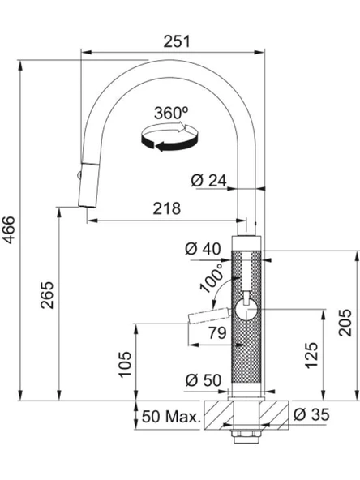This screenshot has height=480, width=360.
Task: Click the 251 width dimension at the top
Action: [177, 41]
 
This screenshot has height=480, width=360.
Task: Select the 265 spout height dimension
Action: [47, 295]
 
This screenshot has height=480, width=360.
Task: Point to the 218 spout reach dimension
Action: [167, 208]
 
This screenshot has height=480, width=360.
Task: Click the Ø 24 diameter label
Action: [208, 180]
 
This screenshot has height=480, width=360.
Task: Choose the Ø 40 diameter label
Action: [203, 249]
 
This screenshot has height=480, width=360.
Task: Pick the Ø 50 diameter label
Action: [204, 380]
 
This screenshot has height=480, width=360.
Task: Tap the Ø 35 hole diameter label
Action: [311, 414]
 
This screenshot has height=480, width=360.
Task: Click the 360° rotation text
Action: [171, 113]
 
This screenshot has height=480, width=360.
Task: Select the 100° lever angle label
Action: [212, 279]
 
